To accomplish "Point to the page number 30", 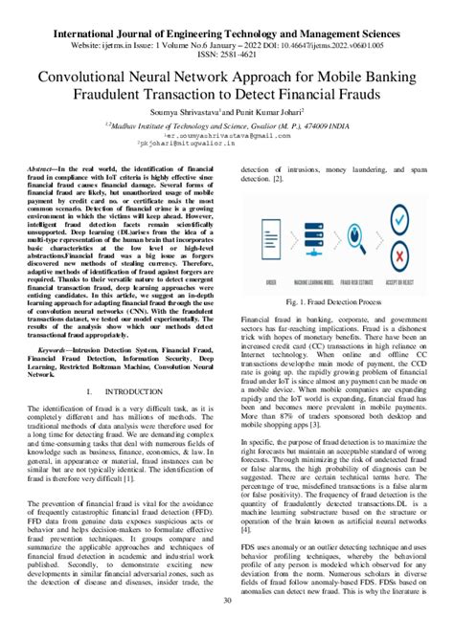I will point(227,627).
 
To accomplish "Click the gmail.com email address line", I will point(227,137).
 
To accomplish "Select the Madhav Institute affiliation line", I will point(227,124).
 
